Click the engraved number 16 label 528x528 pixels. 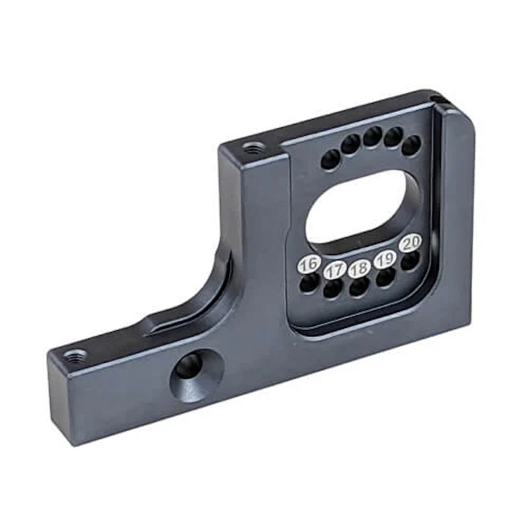point(308,265)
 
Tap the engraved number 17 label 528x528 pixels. point(335,269)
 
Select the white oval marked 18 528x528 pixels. point(360,269)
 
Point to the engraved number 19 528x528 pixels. point(385,259)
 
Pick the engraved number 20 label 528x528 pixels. point(411,243)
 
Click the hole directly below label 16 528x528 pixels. point(308,284)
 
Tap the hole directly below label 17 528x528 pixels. point(333,288)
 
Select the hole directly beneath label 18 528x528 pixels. point(359,287)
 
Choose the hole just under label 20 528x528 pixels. point(410,261)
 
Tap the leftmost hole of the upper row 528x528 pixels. point(330,159)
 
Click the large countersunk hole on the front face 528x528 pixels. point(190,366)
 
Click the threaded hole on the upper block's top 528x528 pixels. point(251,148)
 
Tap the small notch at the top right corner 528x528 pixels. point(439,100)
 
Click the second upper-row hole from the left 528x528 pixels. point(350,143)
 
